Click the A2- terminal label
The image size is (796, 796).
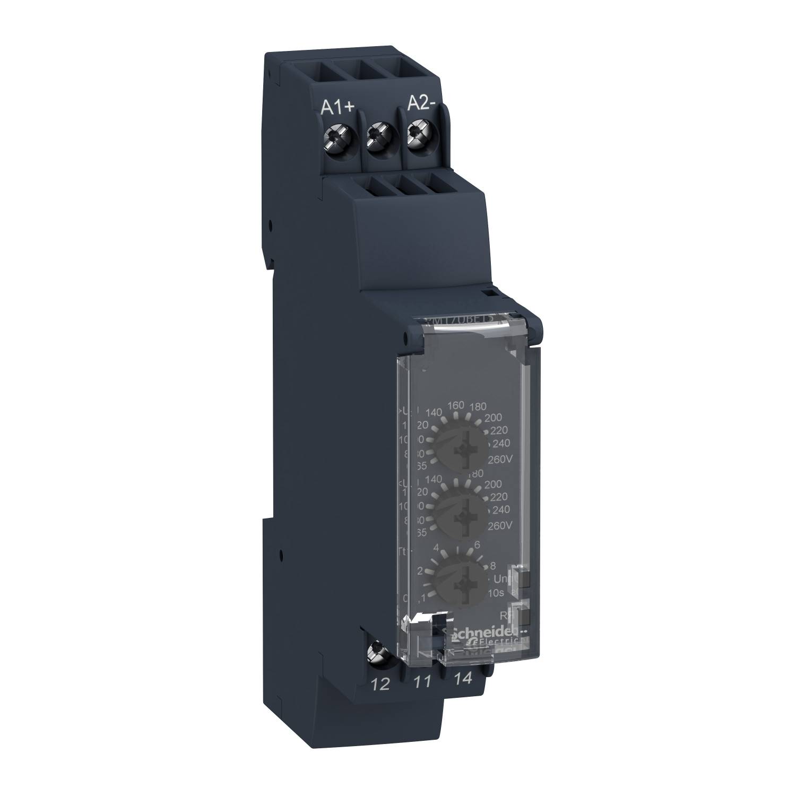[x=421, y=105]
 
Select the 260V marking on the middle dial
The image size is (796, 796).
[x=498, y=525]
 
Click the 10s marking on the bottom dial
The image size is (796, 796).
[x=499, y=593]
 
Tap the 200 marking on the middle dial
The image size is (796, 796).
[x=492, y=484]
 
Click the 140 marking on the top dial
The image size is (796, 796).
[x=434, y=412]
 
